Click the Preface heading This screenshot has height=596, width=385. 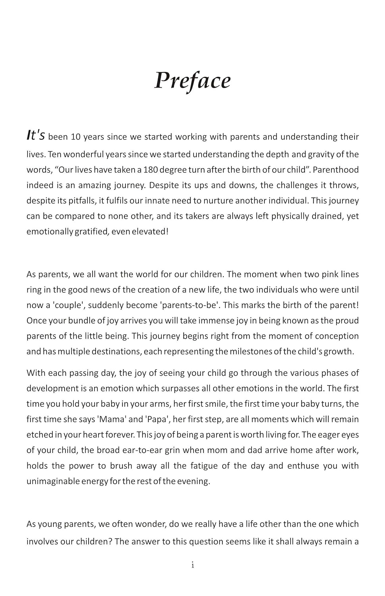(x=192, y=81)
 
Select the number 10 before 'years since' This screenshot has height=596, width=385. (x=76, y=137)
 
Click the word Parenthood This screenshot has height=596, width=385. (x=336, y=170)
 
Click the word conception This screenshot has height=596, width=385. (x=337, y=336)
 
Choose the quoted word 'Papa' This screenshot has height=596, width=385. (x=157, y=420)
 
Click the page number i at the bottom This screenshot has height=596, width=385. (x=192, y=565)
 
